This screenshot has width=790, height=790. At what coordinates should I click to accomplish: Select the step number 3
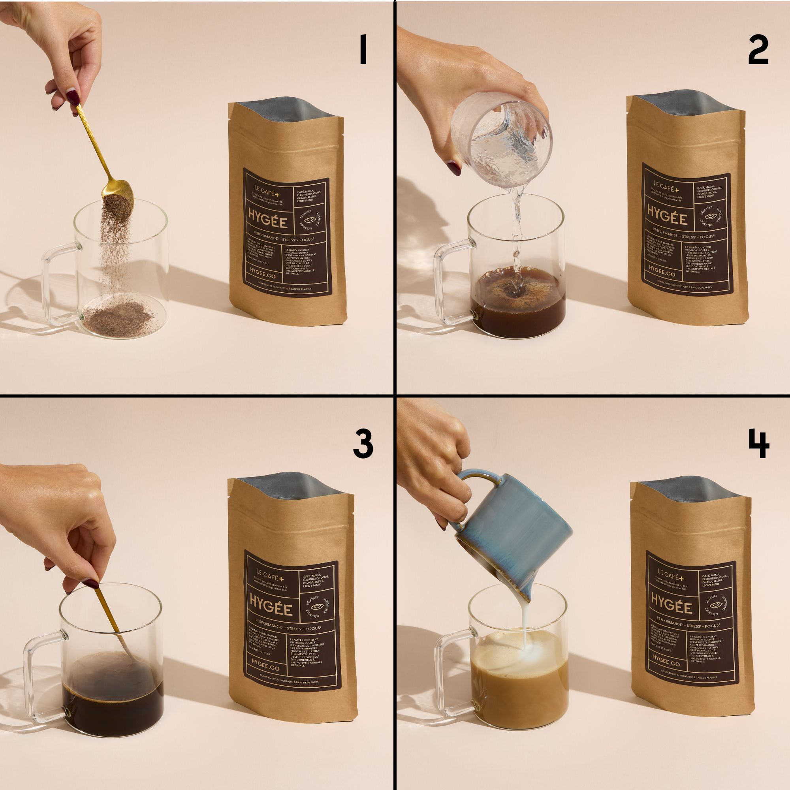363,444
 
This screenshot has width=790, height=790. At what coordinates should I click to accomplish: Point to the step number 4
758,444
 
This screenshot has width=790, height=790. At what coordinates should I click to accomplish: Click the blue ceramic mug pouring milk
515,532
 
